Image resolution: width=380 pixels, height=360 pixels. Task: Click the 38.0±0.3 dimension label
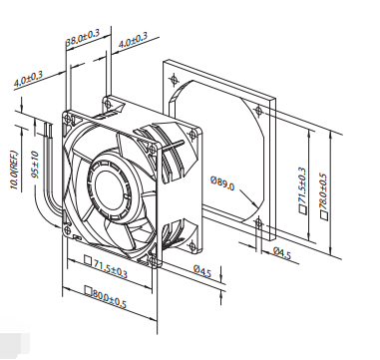click(83, 38)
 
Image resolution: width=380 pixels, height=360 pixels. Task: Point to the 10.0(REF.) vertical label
click(15, 170)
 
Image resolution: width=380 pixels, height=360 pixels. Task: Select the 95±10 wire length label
click(36, 165)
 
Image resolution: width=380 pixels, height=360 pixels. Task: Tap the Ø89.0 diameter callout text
click(222, 183)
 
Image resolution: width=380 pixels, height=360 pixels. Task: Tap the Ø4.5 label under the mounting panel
click(282, 253)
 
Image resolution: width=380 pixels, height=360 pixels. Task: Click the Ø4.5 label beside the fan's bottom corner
click(202, 270)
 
